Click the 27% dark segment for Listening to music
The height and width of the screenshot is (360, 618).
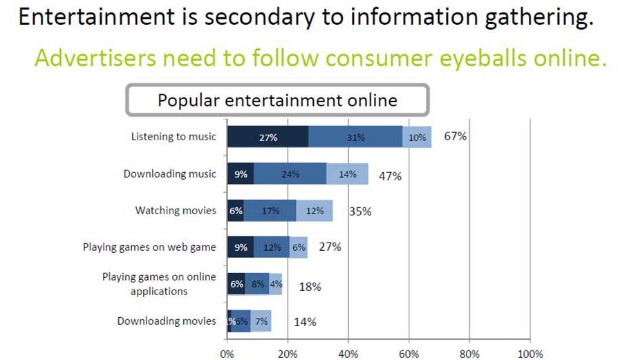pyautogui.click(x=268, y=138)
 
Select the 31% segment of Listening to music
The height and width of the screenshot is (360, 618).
pyautogui.click(x=355, y=138)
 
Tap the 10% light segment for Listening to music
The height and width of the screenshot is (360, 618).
pyautogui.click(x=417, y=138)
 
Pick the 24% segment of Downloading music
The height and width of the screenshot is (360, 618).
pyautogui.click(x=290, y=174)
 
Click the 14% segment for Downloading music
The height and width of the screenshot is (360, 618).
pyautogui.click(x=347, y=174)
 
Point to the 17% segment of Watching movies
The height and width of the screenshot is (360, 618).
pyautogui.click(x=270, y=211)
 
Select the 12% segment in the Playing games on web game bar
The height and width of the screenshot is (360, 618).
pyautogui.click(x=272, y=247)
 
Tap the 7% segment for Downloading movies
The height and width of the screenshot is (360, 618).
pyautogui.click(x=261, y=321)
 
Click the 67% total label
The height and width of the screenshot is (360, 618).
pyautogui.click(x=456, y=136)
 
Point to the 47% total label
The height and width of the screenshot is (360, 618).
pyautogui.click(x=390, y=176)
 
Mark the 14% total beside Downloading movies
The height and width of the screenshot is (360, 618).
pyautogui.click(x=305, y=321)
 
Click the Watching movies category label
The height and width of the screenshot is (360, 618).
pyautogui.click(x=176, y=210)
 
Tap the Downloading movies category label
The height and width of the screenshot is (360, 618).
pyautogui.click(x=166, y=321)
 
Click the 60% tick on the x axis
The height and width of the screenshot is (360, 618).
pyautogui.click(x=409, y=354)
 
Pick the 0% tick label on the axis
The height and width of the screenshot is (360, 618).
pyautogui.click(x=227, y=354)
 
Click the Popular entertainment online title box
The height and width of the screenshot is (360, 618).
pyautogui.click(x=277, y=100)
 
